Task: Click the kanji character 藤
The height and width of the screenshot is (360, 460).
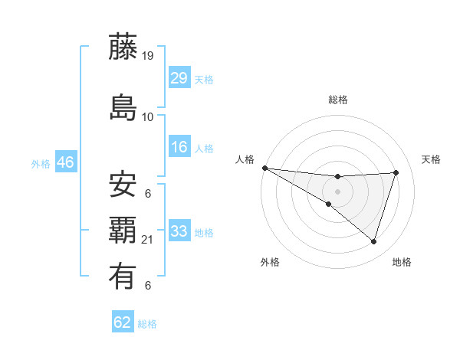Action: [123, 47]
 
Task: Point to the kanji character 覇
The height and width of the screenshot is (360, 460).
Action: [123, 230]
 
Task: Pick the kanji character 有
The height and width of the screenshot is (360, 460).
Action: [123, 275]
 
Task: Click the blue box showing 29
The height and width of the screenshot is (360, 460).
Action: [179, 77]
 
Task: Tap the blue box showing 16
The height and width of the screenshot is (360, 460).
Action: [179, 148]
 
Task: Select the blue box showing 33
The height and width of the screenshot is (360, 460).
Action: [179, 231]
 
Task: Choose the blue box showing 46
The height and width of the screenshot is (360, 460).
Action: [65, 162]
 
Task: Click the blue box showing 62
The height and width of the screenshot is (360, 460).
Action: [123, 322]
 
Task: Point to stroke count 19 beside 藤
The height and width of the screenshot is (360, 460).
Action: [149, 56]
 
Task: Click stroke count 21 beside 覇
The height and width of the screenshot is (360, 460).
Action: [149, 240]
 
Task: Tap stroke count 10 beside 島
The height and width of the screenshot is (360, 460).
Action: [148, 117]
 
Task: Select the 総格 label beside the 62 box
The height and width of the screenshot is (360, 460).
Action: [147, 324]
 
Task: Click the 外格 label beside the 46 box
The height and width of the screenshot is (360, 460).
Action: [40, 164]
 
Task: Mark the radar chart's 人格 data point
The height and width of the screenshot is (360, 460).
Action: [264, 168]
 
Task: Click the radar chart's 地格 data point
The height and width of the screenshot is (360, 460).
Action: [373, 242]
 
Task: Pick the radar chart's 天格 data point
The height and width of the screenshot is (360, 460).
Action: [396, 172]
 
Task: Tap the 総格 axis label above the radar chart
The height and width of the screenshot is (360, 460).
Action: [337, 100]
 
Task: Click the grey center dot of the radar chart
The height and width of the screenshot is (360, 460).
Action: [337, 191]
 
